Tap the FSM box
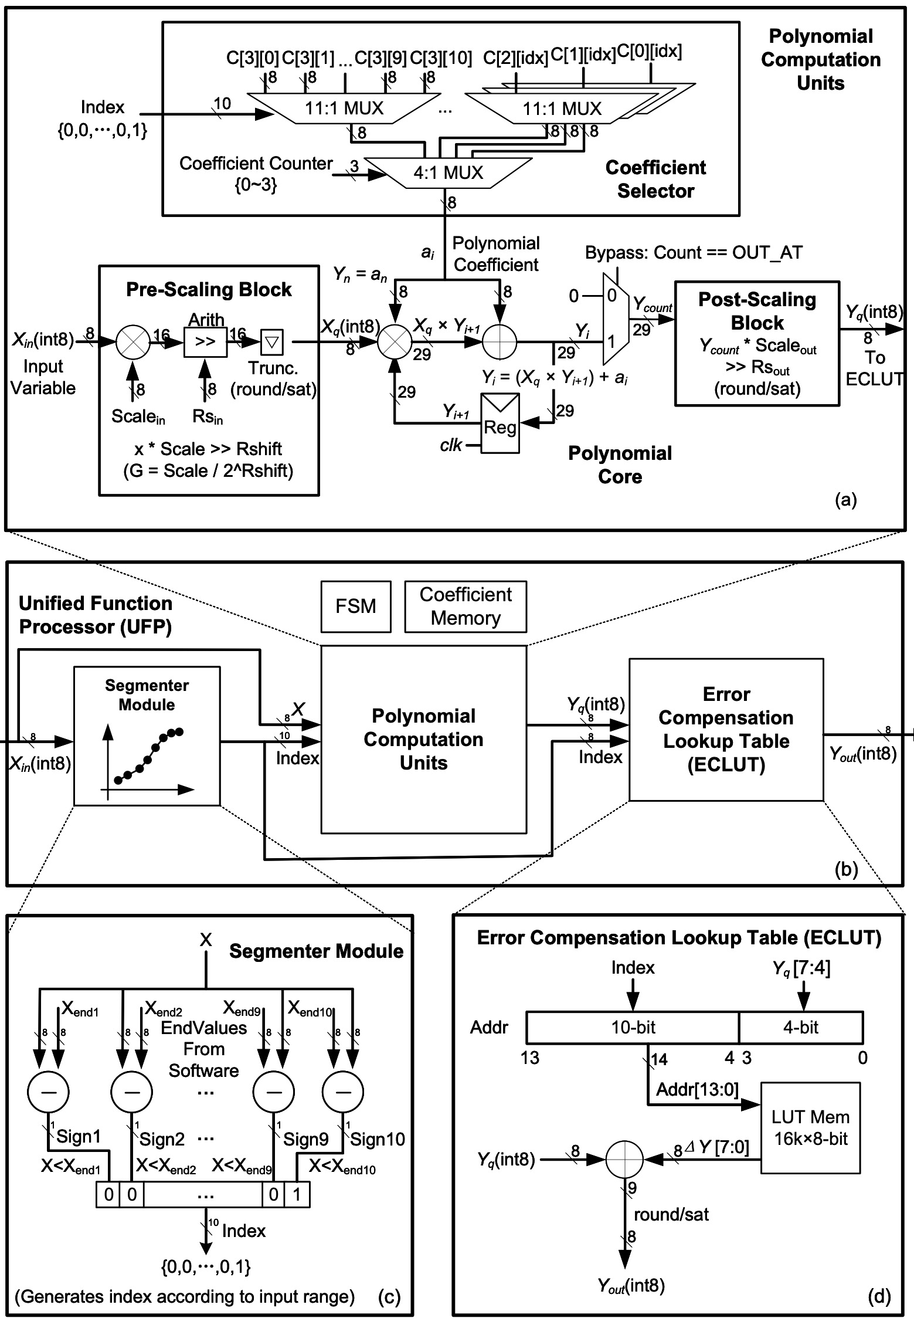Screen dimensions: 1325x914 pos(356,606)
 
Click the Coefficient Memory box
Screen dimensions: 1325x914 pos(466,606)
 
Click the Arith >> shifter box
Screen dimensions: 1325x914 pos(205,342)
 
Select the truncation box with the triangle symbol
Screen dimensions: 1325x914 pos(271,342)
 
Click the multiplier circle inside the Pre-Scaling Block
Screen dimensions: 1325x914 pos(132,342)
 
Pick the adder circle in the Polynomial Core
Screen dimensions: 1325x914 pos(499,341)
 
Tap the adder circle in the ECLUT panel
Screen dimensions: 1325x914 pos(624,1159)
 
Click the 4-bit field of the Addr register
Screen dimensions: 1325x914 pos(801,1027)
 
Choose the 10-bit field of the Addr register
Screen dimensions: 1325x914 pos(633,1027)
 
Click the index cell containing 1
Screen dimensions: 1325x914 pos(297,1195)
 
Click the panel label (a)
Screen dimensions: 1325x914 pos(845,500)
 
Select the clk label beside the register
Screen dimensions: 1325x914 pos(451,445)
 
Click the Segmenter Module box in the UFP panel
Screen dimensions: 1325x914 pos(147,736)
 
